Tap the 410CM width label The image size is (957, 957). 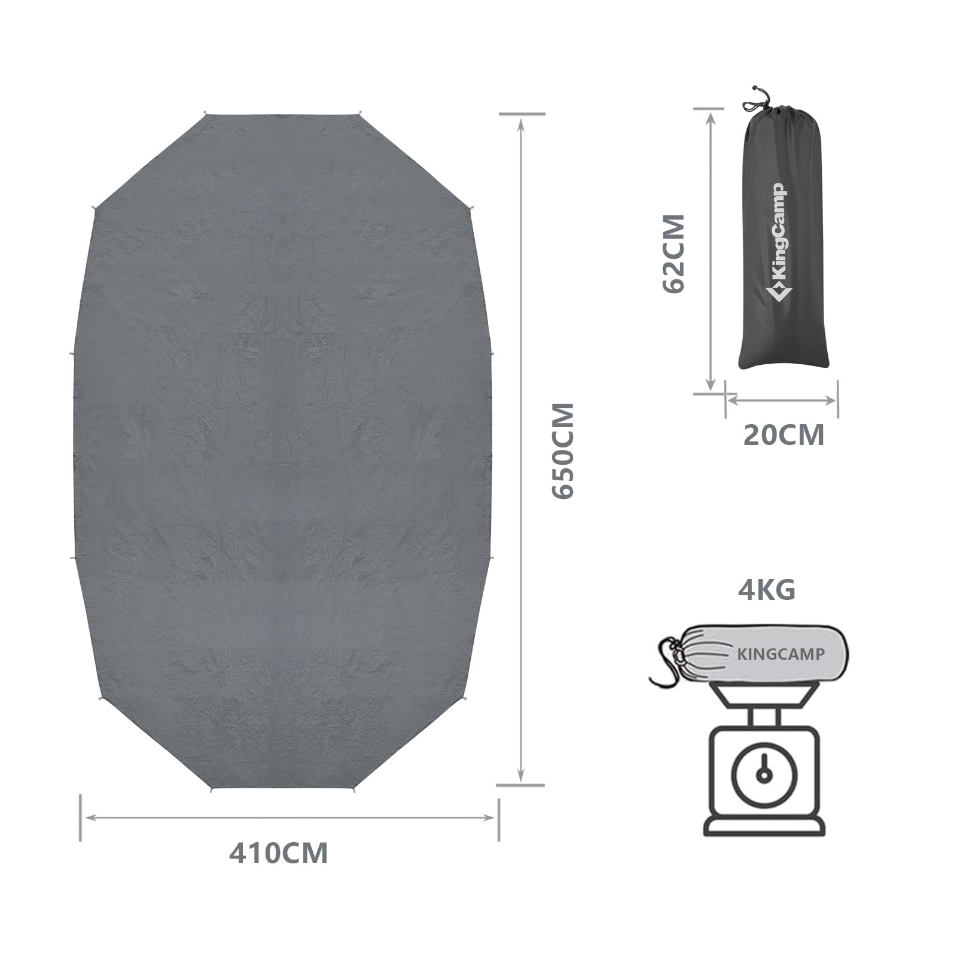tap(278, 853)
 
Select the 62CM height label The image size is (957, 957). tap(673, 253)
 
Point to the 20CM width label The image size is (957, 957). tap(784, 435)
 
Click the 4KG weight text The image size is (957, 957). tap(767, 590)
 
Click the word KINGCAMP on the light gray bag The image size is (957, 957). tap(781, 654)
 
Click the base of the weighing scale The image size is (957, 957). tap(763, 825)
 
